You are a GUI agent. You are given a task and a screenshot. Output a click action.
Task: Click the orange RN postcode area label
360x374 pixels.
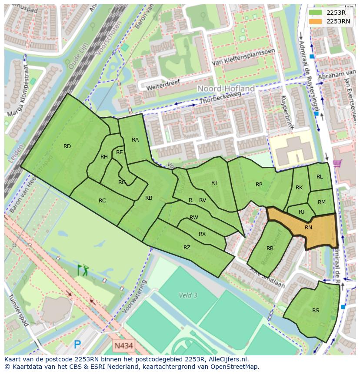tap(308, 227)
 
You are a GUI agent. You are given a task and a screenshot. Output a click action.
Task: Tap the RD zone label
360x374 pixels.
tap(67, 146)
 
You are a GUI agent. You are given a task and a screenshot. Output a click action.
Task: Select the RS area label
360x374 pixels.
tap(316, 310)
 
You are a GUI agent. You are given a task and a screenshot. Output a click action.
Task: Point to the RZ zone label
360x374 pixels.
tap(187, 248)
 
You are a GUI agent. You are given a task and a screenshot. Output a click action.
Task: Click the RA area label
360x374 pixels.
tap(135, 139)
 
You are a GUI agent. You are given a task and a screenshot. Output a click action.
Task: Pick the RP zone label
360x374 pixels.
tap(259, 184)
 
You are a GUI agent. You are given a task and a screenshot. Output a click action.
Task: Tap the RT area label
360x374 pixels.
tap(214, 182)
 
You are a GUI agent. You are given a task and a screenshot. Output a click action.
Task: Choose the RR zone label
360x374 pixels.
tap(270, 248)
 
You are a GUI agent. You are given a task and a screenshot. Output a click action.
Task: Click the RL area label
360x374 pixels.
tap(320, 176)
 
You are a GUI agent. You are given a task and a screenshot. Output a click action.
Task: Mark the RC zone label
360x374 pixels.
tap(102, 200)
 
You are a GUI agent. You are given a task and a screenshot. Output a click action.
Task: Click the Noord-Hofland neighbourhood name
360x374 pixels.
tap(226, 89)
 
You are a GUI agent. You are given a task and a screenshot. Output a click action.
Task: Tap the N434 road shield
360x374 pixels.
tap(123, 346)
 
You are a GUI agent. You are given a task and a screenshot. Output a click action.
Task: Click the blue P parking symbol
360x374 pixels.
tap(77, 344)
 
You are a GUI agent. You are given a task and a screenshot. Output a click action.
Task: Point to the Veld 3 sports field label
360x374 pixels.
tap(188, 295)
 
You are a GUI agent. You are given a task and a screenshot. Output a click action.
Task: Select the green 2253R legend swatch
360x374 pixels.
tap(316, 13)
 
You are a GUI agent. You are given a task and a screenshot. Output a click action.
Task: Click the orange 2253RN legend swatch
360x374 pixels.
tap(316, 21)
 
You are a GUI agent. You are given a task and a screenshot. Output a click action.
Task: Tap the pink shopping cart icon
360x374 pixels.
tap(337, 163)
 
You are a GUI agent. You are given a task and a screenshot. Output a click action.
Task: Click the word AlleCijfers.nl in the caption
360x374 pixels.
tap(227, 359)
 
